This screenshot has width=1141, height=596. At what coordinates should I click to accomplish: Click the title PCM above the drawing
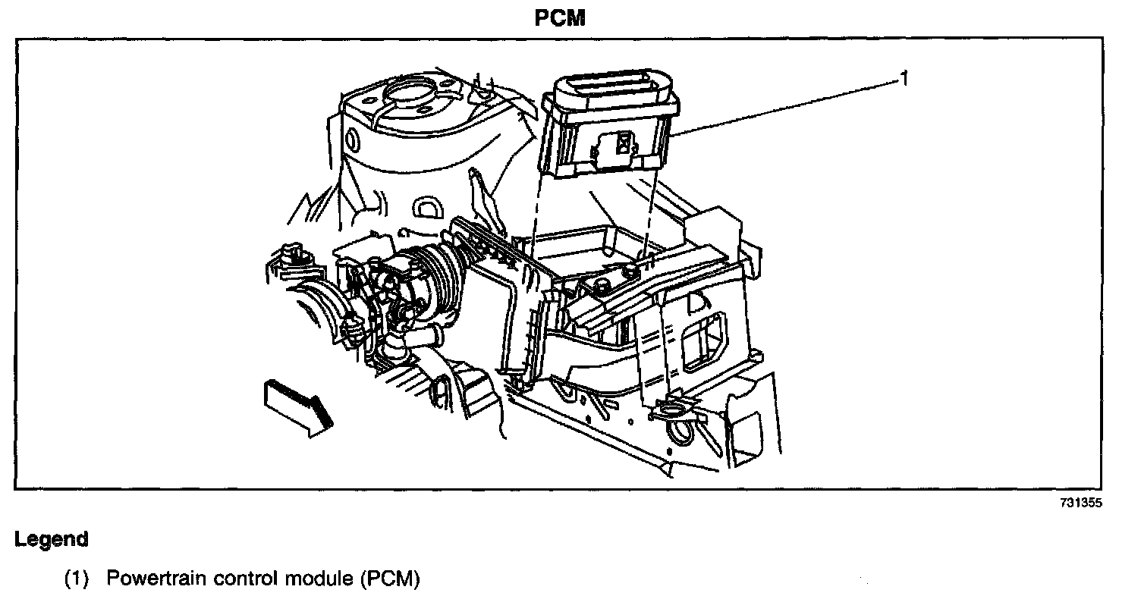pyautogui.click(x=560, y=18)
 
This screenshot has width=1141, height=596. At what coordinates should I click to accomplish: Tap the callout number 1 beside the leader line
pyautogui.click(x=904, y=77)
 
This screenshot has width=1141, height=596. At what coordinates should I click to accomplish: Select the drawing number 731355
pyautogui.click(x=1081, y=503)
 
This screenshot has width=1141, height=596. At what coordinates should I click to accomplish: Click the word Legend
pyautogui.click(x=52, y=540)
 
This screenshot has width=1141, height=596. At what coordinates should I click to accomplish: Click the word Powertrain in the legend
pyautogui.click(x=152, y=580)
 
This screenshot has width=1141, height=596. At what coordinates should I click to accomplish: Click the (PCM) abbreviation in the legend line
pyautogui.click(x=388, y=580)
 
